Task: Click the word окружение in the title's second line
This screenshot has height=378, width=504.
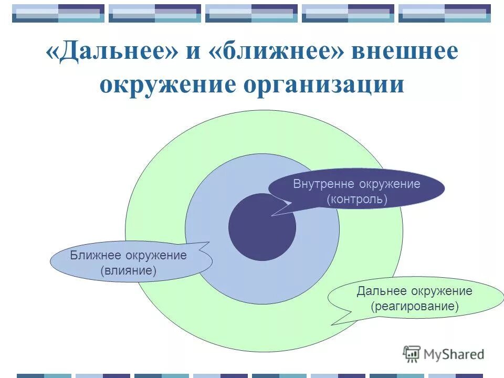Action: pos(167,84)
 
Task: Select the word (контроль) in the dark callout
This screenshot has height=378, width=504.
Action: pos(356,199)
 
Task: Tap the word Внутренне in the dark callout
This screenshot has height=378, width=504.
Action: pos(324,184)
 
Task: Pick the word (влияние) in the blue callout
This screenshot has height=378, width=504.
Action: pos(129,271)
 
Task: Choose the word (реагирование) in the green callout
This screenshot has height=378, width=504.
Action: pos(415,306)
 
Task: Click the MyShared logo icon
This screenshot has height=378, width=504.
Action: pos(412,353)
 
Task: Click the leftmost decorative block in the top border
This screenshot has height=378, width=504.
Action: pos(58,13)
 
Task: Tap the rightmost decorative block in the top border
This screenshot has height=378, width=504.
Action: pos(445,13)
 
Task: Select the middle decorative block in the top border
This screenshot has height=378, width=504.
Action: pos(251,13)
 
